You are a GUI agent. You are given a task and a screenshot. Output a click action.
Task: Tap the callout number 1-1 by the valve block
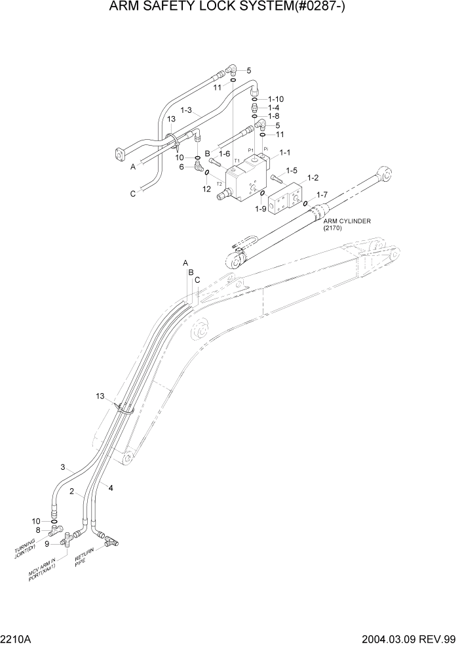(x=285, y=152)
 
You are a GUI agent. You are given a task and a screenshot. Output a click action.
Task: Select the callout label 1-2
(x=313, y=178)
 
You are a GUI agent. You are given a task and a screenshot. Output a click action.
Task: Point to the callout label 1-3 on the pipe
(x=185, y=111)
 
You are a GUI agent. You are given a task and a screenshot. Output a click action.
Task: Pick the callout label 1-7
(x=321, y=195)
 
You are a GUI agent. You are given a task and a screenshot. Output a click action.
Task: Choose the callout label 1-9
(x=260, y=209)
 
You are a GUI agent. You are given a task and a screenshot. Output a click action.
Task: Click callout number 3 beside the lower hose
(x=63, y=467)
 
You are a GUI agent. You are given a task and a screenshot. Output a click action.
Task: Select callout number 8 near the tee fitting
(x=38, y=530)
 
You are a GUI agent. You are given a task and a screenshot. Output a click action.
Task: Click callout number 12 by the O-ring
(x=206, y=189)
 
